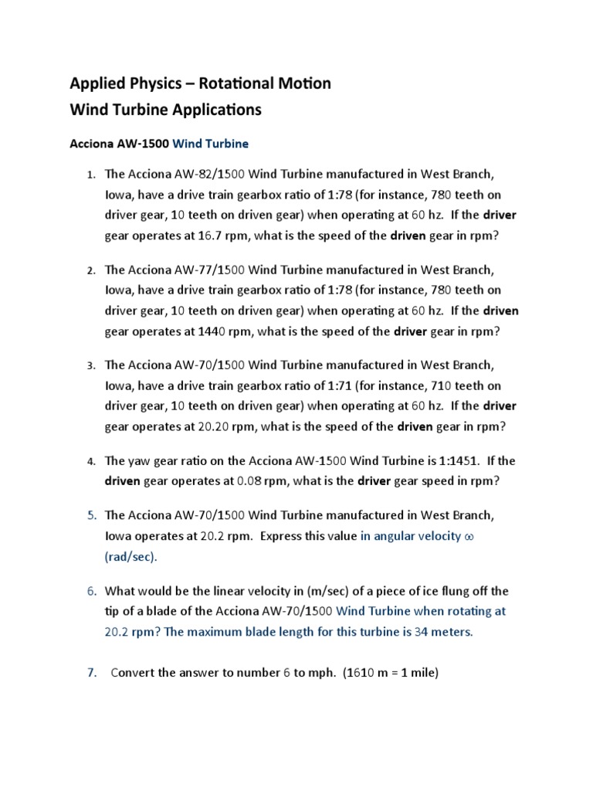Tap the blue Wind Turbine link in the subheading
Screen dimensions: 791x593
pos(211,144)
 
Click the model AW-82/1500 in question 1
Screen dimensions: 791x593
pos(205,175)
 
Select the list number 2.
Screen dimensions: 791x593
pos(90,271)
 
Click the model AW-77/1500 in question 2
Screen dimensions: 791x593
pos(205,270)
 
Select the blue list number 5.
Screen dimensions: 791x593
pos(90,515)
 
